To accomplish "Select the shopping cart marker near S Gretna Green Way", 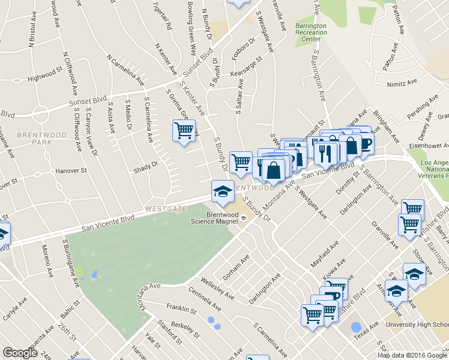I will pos(184,131).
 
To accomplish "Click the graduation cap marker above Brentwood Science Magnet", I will pos(222,192).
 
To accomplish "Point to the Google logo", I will pos(20,353).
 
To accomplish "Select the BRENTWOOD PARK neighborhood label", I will pos(36,139).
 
